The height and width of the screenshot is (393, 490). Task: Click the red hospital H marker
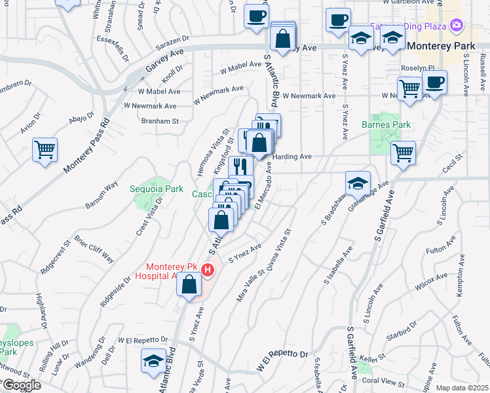208,270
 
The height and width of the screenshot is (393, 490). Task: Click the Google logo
21,385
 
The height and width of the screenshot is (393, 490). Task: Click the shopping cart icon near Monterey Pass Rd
45,150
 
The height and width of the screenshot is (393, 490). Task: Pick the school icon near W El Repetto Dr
153,361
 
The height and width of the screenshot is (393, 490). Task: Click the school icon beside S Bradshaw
358,183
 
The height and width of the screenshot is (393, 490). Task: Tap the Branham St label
160,121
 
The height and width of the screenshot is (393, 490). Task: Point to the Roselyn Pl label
417,67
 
